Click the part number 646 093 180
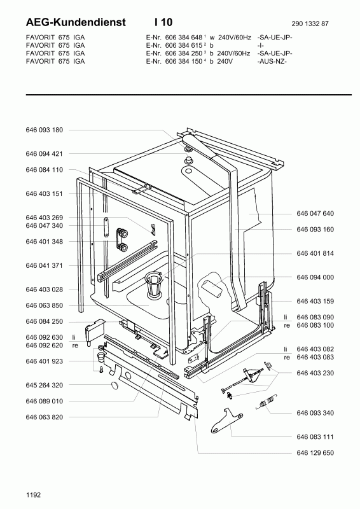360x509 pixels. click(x=44, y=130)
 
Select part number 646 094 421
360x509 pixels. click(x=44, y=153)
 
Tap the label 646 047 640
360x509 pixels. click(x=315, y=214)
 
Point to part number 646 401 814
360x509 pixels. click(x=315, y=253)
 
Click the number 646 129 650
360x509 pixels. click(x=315, y=452)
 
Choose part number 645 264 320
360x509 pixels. click(x=44, y=385)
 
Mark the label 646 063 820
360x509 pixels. click(x=44, y=417)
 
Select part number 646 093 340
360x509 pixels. click(x=315, y=413)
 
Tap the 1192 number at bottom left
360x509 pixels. click(x=34, y=494)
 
